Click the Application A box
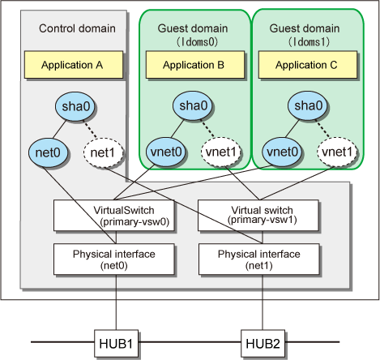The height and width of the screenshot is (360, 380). pyautogui.click(x=74, y=65)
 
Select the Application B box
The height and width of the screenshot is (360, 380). pyautogui.click(x=195, y=65)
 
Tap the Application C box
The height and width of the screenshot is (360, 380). pyautogui.click(x=308, y=65)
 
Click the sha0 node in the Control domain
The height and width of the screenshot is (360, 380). pyautogui.click(x=75, y=106)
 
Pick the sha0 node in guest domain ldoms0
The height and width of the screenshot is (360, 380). pyautogui.click(x=193, y=105)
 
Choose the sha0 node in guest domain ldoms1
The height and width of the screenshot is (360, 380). pyautogui.click(x=308, y=105)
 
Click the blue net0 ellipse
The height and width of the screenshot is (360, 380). pyautogui.click(x=48, y=152)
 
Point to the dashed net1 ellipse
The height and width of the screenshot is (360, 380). pyautogui.click(x=103, y=152)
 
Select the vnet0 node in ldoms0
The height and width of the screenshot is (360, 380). pyautogui.click(x=166, y=152)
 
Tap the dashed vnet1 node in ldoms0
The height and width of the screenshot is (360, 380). pyautogui.click(x=221, y=152)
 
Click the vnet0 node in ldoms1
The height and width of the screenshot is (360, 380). pyautogui.click(x=282, y=152)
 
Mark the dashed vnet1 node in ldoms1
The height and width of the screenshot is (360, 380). pyautogui.click(x=337, y=152)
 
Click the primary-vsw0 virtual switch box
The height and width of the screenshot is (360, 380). pyautogui.click(x=113, y=216)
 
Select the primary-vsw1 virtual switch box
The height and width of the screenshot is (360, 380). pyautogui.click(x=258, y=216)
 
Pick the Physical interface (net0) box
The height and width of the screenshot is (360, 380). pyautogui.click(x=113, y=259)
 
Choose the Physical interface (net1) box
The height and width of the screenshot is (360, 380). pyautogui.click(x=259, y=259)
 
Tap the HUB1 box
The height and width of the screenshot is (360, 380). pyautogui.click(x=116, y=343)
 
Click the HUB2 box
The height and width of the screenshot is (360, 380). pyautogui.click(x=263, y=343)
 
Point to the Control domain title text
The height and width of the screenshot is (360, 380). pyautogui.click(x=77, y=28)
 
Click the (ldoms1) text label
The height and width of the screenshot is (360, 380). pyautogui.click(x=309, y=42)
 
